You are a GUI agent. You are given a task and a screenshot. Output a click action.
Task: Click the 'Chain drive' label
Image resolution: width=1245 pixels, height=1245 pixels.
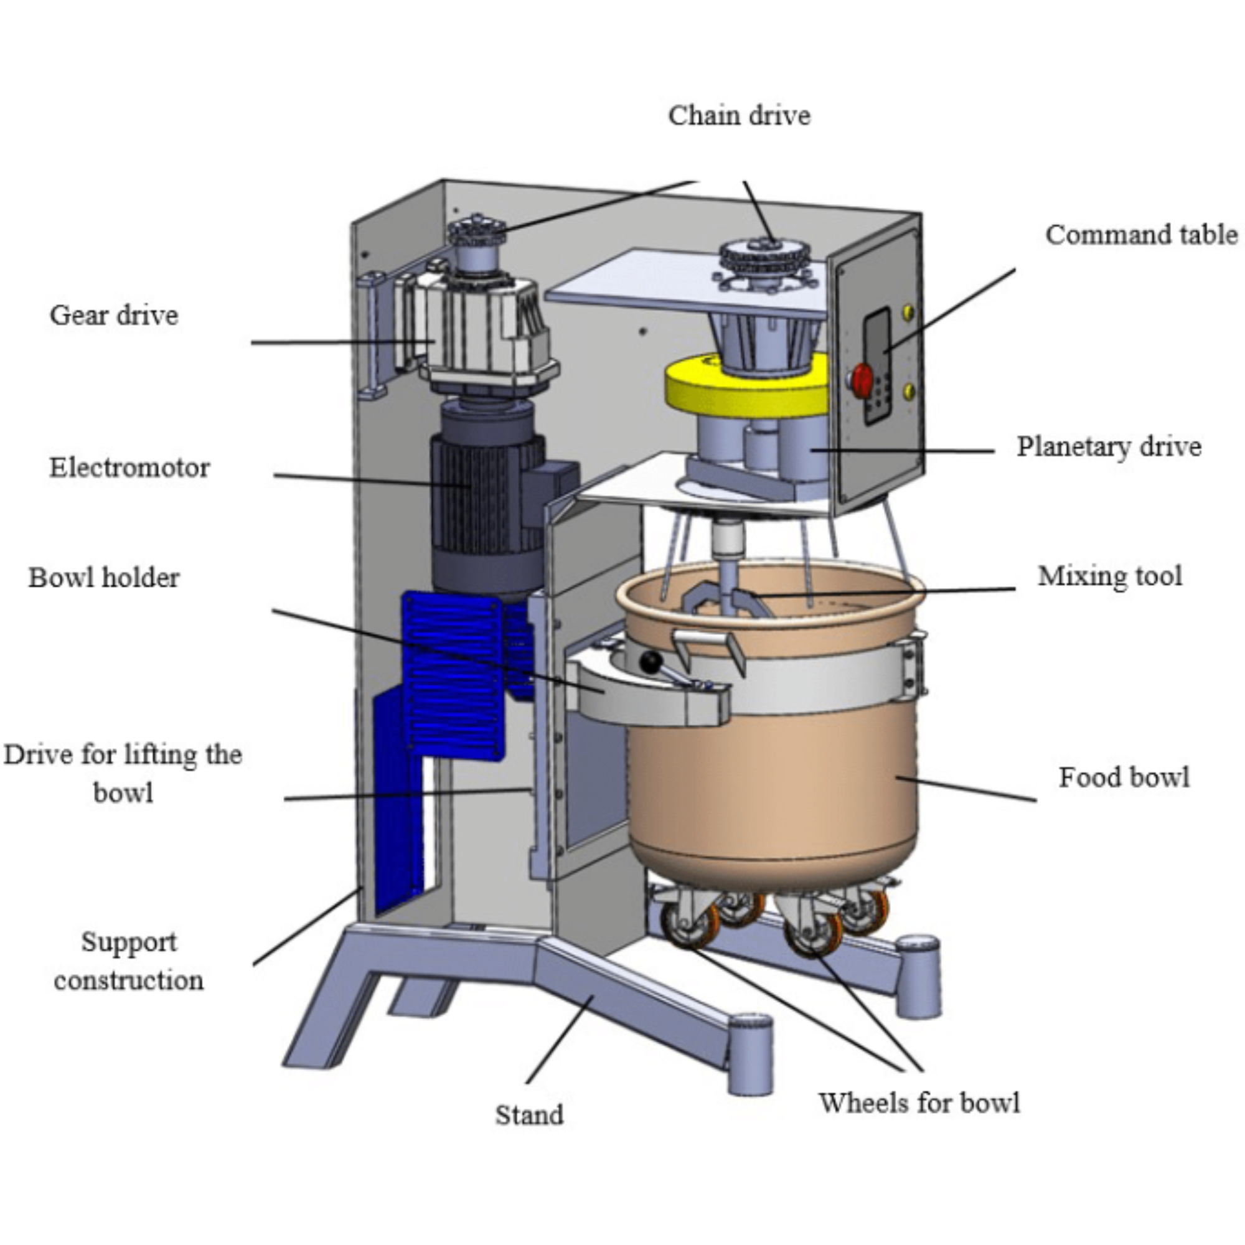[739, 116]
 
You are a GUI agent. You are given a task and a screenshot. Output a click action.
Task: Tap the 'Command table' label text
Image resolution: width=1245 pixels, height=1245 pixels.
[1141, 235]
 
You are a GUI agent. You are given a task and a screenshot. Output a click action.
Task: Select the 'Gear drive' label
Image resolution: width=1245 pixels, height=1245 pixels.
[114, 315]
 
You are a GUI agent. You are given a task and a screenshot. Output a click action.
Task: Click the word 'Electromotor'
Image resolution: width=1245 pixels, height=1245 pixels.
[129, 468]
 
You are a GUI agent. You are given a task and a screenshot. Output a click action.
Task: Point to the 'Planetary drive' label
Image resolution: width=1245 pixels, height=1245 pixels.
[1109, 446]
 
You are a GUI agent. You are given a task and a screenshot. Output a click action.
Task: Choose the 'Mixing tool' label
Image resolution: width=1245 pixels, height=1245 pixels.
[1110, 576]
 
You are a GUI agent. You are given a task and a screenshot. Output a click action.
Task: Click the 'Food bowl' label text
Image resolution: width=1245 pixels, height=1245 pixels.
[1124, 778]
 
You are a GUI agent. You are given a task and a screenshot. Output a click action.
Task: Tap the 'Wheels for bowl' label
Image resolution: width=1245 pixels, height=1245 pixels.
[919, 1103]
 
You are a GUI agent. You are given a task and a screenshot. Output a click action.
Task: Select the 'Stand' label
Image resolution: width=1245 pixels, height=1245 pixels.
[529, 1115]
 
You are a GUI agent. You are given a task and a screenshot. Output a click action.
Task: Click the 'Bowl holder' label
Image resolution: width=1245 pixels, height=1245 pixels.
[104, 578]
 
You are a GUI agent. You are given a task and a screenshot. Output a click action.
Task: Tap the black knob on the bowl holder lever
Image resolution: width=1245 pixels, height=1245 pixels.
[651, 661]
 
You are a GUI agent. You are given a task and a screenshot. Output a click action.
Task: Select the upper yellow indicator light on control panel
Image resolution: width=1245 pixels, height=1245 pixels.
[909, 312]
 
